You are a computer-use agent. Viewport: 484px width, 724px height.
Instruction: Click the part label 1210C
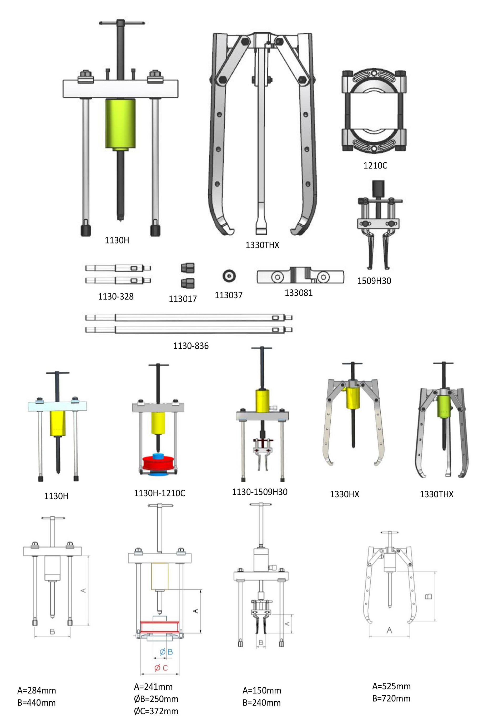pyautogui.click(x=375, y=166)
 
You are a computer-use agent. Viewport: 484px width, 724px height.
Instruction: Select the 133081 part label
pyautogui.click(x=299, y=292)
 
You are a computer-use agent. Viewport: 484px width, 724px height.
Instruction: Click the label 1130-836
pyautogui.click(x=191, y=346)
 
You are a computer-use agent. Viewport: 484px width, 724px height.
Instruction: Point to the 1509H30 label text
pyautogui.click(x=374, y=281)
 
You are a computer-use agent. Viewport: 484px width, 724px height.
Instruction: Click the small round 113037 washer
pyautogui.click(x=229, y=276)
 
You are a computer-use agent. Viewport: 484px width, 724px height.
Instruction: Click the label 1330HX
pyautogui.click(x=345, y=494)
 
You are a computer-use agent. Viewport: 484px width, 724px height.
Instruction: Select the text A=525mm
pyautogui.click(x=391, y=686)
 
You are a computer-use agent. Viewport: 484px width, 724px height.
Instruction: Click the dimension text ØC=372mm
pyautogui.click(x=156, y=711)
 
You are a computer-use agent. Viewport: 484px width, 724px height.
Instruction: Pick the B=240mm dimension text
pyautogui.click(x=261, y=703)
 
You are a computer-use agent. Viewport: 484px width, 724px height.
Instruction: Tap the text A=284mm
pyautogui.click(x=36, y=690)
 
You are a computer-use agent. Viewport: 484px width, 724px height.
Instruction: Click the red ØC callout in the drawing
pyautogui.click(x=161, y=668)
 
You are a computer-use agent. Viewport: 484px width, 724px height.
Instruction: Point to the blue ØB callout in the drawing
pyautogui.click(x=166, y=652)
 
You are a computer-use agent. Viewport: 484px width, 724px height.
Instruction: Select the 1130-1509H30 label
pyautogui.click(x=260, y=492)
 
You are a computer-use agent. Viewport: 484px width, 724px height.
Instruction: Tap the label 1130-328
pyautogui.click(x=116, y=296)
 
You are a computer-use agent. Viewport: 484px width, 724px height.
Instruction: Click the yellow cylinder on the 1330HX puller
pyautogui.click(x=353, y=398)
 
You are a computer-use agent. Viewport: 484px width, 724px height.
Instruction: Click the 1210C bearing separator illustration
pyautogui.click(x=374, y=111)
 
